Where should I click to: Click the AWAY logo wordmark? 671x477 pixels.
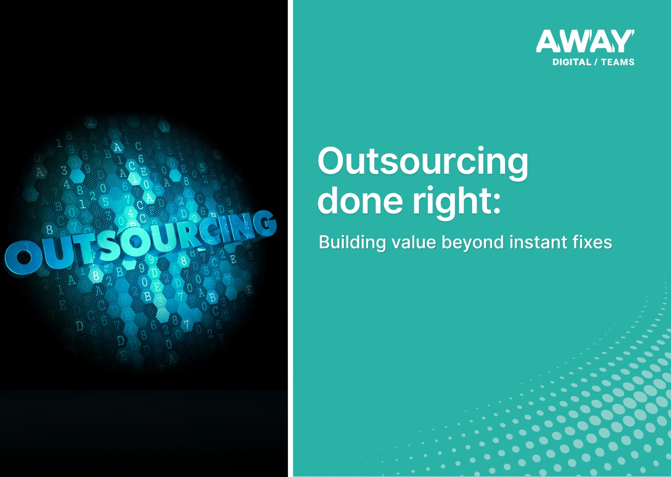pos(585,42)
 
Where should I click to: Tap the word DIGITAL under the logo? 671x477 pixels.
pos(572,62)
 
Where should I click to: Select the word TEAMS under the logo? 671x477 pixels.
pos(617,62)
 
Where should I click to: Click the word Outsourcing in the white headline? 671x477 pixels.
pos(423,162)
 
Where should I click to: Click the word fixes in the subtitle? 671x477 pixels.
pos(591,242)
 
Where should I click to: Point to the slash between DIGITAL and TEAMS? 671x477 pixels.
pos(596,62)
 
